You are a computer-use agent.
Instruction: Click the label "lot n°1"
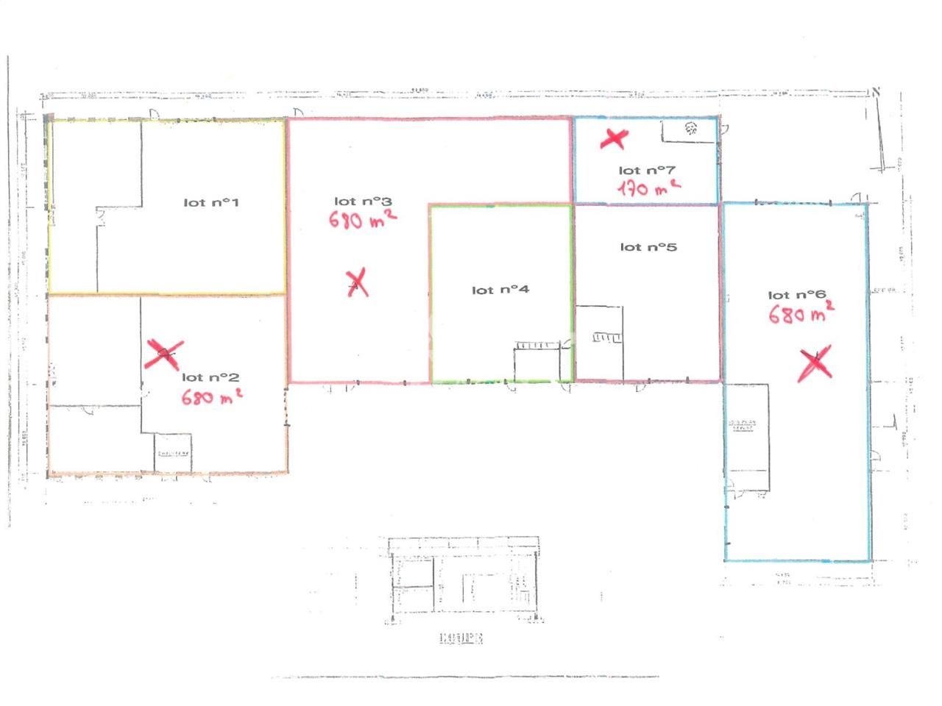click(x=211, y=202)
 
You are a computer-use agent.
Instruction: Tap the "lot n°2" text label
click(x=210, y=377)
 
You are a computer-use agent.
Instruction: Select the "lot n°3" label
click(x=363, y=201)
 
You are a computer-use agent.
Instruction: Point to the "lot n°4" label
click(x=500, y=290)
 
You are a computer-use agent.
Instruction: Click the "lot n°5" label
click(x=648, y=247)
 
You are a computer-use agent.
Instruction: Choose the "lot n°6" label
click(x=796, y=295)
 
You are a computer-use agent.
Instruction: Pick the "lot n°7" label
click(x=647, y=171)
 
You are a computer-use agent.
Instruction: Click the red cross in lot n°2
click(x=163, y=354)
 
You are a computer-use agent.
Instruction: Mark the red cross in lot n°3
click(x=358, y=282)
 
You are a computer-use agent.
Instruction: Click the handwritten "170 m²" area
click(x=648, y=188)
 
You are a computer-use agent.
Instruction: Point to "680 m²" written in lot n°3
click(x=363, y=218)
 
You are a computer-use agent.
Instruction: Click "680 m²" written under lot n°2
click(x=212, y=397)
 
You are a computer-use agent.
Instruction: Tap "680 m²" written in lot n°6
click(x=801, y=314)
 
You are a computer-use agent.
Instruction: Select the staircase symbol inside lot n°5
click(x=606, y=337)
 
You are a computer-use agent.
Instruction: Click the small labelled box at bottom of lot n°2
click(x=173, y=453)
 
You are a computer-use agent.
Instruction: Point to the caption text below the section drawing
click(x=461, y=638)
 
